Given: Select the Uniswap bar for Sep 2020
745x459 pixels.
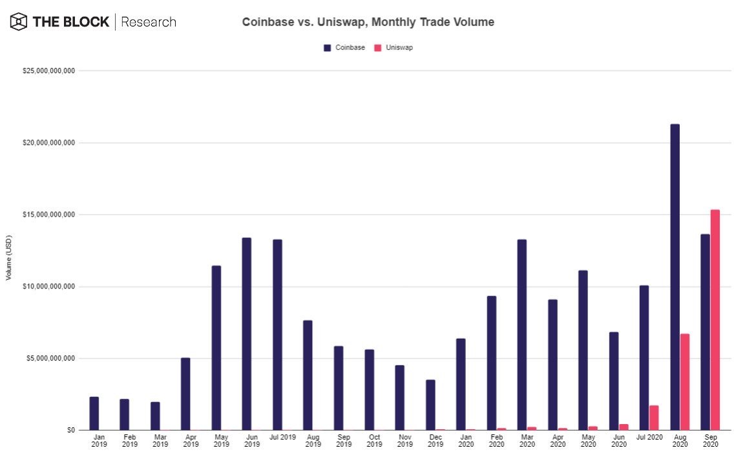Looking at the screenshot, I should (x=715, y=320).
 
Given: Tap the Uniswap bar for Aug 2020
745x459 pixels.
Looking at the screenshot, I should (x=685, y=382).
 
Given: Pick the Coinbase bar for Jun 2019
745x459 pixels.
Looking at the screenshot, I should (x=246, y=334).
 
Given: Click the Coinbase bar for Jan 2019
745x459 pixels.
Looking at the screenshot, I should (x=94, y=413).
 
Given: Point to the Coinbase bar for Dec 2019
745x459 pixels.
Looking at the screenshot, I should (x=430, y=405).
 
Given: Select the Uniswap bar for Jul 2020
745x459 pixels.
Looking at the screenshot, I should (x=654, y=418).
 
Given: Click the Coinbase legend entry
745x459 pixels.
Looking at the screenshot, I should (x=345, y=48).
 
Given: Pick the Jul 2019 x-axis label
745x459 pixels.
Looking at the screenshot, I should (x=282, y=438).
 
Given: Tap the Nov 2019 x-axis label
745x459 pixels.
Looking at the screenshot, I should (x=405, y=441).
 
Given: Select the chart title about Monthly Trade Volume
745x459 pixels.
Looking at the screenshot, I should (x=368, y=22).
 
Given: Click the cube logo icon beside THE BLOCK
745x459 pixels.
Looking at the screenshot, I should (x=19, y=22).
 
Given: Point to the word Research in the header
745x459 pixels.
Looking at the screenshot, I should (x=148, y=22).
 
